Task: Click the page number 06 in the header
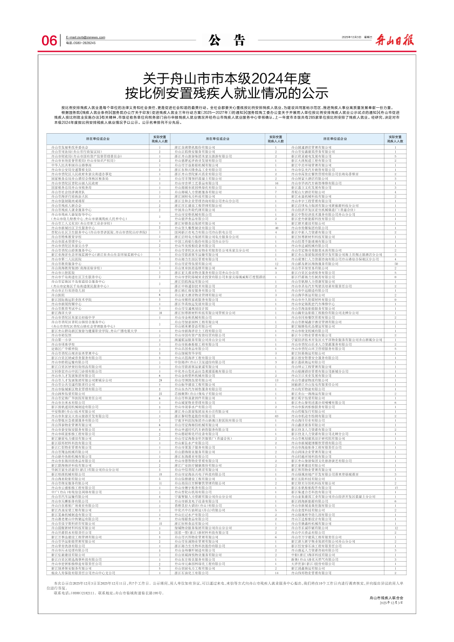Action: click(50, 41)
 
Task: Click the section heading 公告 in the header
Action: click(226, 40)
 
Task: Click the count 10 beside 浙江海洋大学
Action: click(160, 312)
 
